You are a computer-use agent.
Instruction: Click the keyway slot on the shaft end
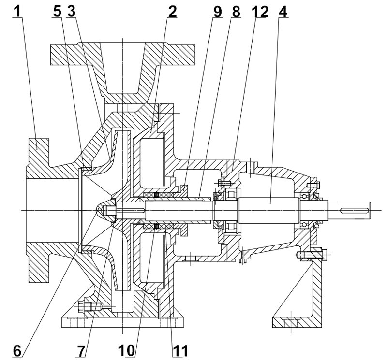(x=357, y=210)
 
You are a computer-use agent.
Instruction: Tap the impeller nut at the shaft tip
(x=107, y=210)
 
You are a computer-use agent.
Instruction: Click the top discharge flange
(x=123, y=51)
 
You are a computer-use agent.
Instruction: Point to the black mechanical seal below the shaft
(x=156, y=226)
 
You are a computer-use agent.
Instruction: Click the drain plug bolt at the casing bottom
(x=89, y=306)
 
